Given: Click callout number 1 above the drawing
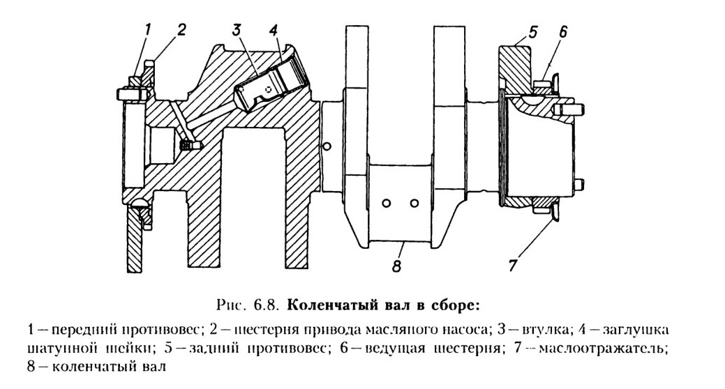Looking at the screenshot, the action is (x=147, y=30).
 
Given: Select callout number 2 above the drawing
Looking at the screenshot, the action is (x=181, y=30).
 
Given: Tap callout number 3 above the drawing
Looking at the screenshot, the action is (x=237, y=31).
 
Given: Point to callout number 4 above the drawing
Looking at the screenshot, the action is (x=274, y=31).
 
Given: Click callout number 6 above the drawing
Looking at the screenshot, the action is (x=562, y=32).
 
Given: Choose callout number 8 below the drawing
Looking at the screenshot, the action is (x=396, y=266).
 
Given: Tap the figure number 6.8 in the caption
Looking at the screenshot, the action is (x=265, y=306).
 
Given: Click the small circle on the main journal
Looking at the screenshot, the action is (x=327, y=146).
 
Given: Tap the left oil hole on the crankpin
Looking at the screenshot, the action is (x=387, y=204).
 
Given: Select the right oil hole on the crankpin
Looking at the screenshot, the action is (x=414, y=204).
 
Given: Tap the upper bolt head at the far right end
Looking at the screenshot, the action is (x=577, y=109).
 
